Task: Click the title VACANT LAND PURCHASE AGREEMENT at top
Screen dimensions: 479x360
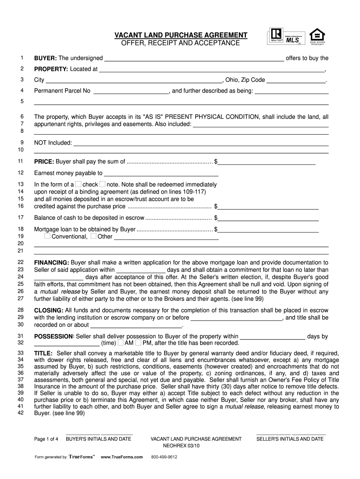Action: tap(181, 36)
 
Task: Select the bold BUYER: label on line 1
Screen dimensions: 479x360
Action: tap(45, 58)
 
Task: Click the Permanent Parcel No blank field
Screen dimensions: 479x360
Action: tap(131, 91)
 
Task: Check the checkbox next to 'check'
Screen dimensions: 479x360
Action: tap(79, 184)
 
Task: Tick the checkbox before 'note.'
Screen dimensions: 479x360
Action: tap(102, 184)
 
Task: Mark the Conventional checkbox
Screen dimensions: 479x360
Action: tap(48, 236)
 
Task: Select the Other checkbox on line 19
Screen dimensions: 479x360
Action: tap(94, 236)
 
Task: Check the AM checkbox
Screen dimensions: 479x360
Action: tap(121, 342)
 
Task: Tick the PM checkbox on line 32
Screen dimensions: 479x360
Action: tap(138, 342)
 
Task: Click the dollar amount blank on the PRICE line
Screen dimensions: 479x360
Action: tap(267, 162)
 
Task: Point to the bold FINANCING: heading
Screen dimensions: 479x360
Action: tap(51, 262)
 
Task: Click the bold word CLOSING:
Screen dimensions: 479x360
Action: tap(49, 310)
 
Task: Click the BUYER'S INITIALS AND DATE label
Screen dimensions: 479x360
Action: tap(98, 439)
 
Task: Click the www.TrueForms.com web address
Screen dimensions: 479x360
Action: tap(122, 457)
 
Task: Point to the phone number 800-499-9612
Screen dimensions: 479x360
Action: tap(164, 457)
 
